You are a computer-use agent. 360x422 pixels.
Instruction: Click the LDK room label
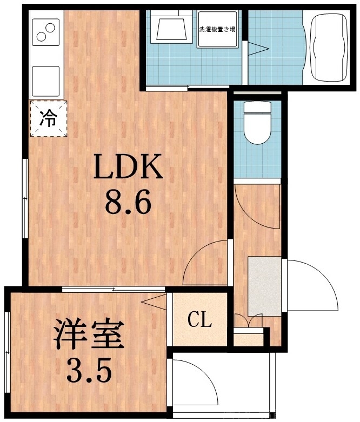(x=129, y=167)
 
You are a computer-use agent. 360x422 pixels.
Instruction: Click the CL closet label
(x=199, y=321)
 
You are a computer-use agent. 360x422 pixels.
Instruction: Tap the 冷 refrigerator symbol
(x=49, y=118)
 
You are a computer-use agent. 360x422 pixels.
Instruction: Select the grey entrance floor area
(x=264, y=286)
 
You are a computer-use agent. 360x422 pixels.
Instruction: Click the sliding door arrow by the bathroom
(x=258, y=49)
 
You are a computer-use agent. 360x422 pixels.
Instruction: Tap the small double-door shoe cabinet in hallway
(x=249, y=321)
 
